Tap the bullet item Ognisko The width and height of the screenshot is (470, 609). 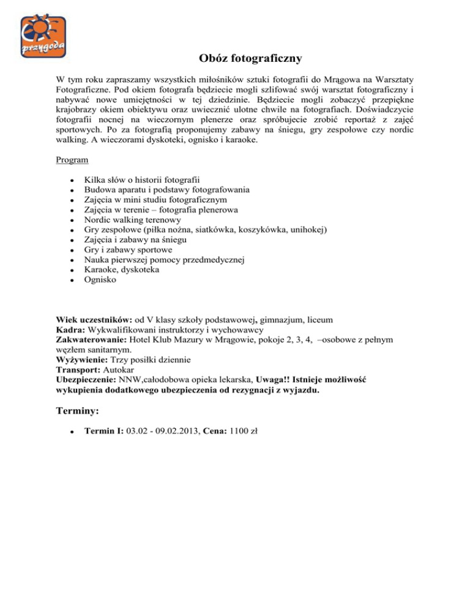[x=99, y=281]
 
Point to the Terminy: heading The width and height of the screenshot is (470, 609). [x=77, y=409]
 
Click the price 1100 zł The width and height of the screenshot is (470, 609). [x=244, y=430]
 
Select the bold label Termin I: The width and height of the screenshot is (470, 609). [x=103, y=430]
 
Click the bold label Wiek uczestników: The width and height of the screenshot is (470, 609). [x=94, y=320]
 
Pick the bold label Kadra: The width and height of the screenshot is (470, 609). [x=70, y=330]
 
